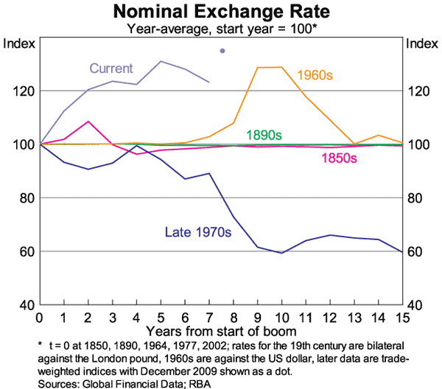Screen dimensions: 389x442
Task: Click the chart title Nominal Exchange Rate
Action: (x=221, y=12)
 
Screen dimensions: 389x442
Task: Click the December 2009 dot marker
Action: (x=222, y=51)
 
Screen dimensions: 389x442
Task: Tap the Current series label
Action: (x=111, y=69)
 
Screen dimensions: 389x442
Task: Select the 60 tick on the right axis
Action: (x=415, y=251)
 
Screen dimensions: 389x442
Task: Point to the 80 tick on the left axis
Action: (x=24, y=198)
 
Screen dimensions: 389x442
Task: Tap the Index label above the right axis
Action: (x=421, y=43)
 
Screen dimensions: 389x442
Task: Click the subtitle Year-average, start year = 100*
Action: (x=221, y=29)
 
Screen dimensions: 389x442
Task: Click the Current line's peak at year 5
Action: (x=161, y=61)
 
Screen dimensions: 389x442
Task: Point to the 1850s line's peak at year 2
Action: (x=88, y=122)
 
